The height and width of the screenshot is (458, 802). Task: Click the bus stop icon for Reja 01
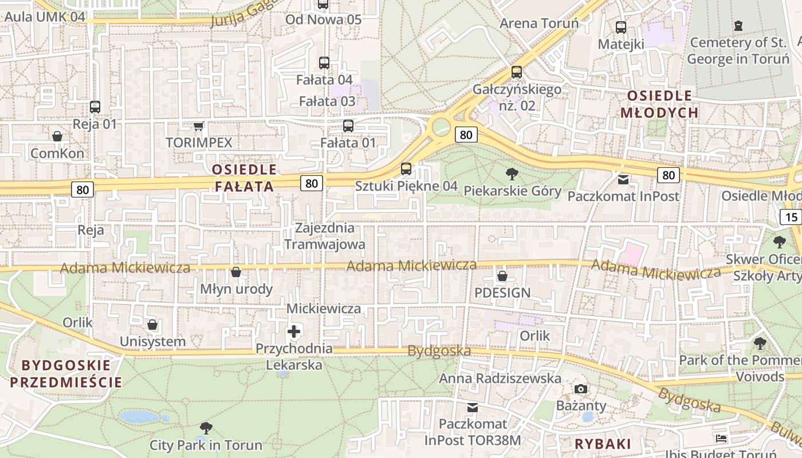(x=95, y=106)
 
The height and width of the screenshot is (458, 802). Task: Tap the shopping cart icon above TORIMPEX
(x=198, y=125)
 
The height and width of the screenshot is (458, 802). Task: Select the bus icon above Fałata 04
(x=324, y=62)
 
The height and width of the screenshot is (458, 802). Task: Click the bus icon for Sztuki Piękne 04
(x=406, y=168)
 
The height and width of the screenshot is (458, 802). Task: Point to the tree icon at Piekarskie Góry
(x=512, y=173)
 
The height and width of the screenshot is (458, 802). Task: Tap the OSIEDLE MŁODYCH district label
(x=660, y=104)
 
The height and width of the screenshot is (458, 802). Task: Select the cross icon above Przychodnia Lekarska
(x=294, y=331)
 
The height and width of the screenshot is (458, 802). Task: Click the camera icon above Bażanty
(x=581, y=389)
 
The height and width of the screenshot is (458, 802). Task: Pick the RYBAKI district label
(x=603, y=444)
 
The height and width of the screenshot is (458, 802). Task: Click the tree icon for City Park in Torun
(x=206, y=428)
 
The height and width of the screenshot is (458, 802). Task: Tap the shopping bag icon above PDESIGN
(x=502, y=276)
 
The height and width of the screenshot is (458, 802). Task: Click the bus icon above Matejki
(x=621, y=27)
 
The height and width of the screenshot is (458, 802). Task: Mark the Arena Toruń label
(x=539, y=23)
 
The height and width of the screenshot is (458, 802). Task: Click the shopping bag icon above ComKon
(x=57, y=136)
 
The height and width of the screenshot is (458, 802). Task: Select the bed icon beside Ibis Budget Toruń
(x=721, y=439)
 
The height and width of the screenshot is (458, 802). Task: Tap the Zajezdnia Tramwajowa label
(x=325, y=236)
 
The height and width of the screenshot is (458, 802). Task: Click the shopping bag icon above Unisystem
(x=152, y=325)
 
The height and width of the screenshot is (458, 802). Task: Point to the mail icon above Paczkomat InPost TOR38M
(x=473, y=408)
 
